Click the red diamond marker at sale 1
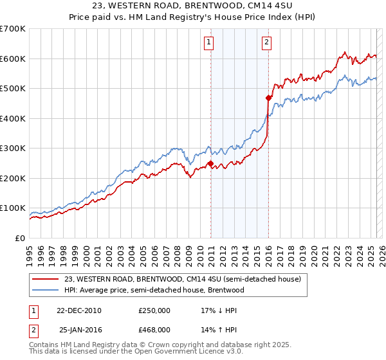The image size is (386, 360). [210, 164]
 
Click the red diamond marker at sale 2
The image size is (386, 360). [268, 98]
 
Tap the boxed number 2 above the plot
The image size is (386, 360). [266, 43]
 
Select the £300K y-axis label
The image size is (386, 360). [13, 148]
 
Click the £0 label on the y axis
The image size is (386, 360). [21, 238]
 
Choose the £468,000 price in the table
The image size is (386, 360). [154, 329]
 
